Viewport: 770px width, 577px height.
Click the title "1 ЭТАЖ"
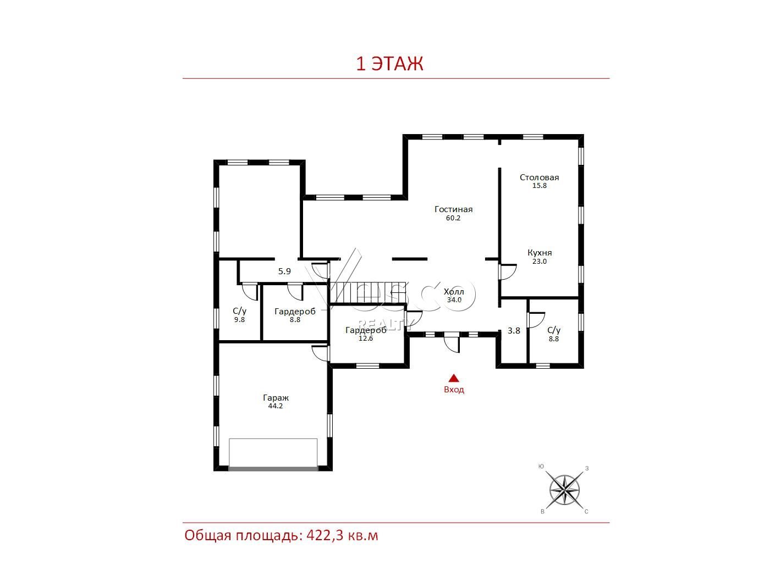[389, 64]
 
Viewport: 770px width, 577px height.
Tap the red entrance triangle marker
[454, 378]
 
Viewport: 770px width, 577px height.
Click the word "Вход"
[454, 390]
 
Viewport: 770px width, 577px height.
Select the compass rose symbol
[564, 490]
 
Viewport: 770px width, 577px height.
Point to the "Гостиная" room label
[454, 209]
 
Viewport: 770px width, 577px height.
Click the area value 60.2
[453, 218]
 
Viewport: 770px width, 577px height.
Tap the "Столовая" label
[539, 177]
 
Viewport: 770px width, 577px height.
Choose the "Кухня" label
[540, 253]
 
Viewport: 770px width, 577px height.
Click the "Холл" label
[454, 291]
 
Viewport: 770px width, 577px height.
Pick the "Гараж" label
[276, 398]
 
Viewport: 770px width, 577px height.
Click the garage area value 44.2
[276, 406]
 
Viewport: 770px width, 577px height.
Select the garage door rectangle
[273, 453]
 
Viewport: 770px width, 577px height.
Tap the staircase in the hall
[367, 292]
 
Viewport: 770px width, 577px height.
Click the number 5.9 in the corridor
[284, 271]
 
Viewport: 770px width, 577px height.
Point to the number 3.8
[514, 330]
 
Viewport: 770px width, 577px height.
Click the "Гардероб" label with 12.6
[366, 330]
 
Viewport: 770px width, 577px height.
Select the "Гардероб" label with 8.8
[295, 311]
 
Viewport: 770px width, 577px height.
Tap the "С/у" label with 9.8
[240, 310]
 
